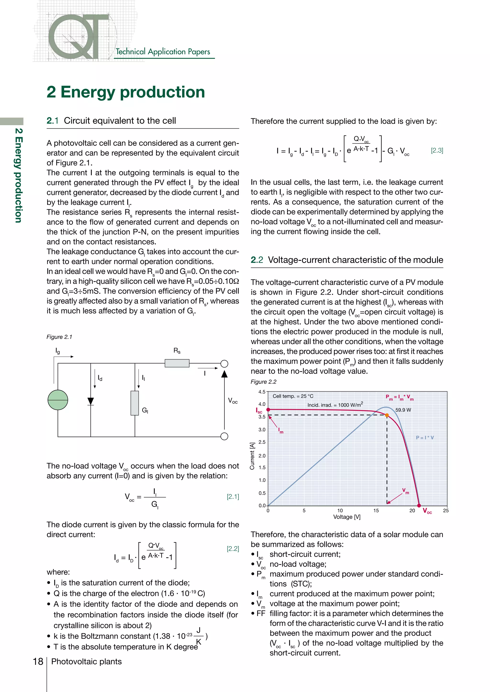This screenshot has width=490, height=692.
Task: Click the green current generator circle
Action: point(58,400)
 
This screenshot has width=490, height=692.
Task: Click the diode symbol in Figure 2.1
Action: point(90,401)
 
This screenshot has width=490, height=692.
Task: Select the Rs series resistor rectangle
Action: point(177,363)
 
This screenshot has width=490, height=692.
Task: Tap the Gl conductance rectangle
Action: point(134,403)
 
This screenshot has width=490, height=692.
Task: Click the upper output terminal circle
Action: point(224,364)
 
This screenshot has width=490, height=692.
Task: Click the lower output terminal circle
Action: point(224,436)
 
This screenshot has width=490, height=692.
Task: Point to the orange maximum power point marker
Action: point(387,415)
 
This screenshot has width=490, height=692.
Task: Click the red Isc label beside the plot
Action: point(259,411)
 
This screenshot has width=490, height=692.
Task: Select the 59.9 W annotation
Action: point(403,410)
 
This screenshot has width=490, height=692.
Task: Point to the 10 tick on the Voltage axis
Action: point(340,511)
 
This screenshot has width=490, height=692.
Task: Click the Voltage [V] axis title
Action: point(347,517)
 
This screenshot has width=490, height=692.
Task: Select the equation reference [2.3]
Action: point(437,150)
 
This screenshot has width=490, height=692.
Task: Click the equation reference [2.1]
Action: point(233,496)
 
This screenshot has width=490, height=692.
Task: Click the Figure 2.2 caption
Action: point(263,382)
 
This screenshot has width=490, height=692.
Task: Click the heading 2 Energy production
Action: point(126,92)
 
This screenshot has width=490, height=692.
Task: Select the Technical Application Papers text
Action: point(163,52)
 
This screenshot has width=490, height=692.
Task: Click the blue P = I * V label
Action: point(425,438)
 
